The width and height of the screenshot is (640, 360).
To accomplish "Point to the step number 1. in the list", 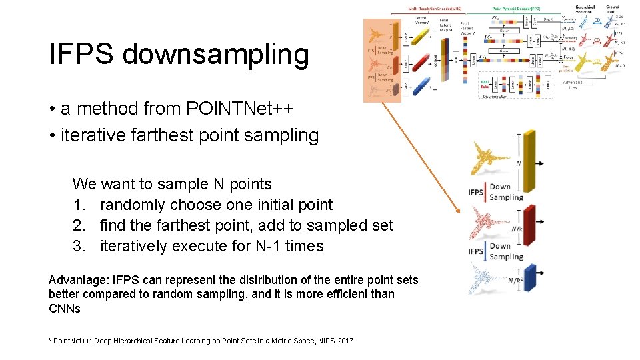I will click(80, 205).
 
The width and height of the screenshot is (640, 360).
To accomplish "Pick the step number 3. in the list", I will click(80, 246).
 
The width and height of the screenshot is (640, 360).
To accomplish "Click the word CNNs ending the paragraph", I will click(65, 309).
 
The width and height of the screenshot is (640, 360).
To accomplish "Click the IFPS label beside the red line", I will click(476, 193).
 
